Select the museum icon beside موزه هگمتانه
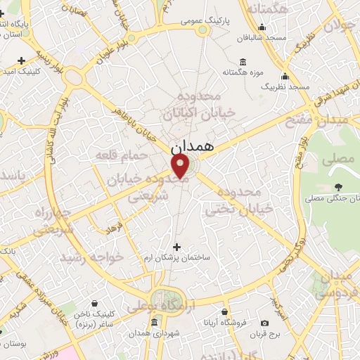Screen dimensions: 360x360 coord(243,60)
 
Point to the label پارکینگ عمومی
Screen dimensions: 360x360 coord(185,21)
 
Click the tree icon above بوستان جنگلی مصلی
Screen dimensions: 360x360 coord(339,186)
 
